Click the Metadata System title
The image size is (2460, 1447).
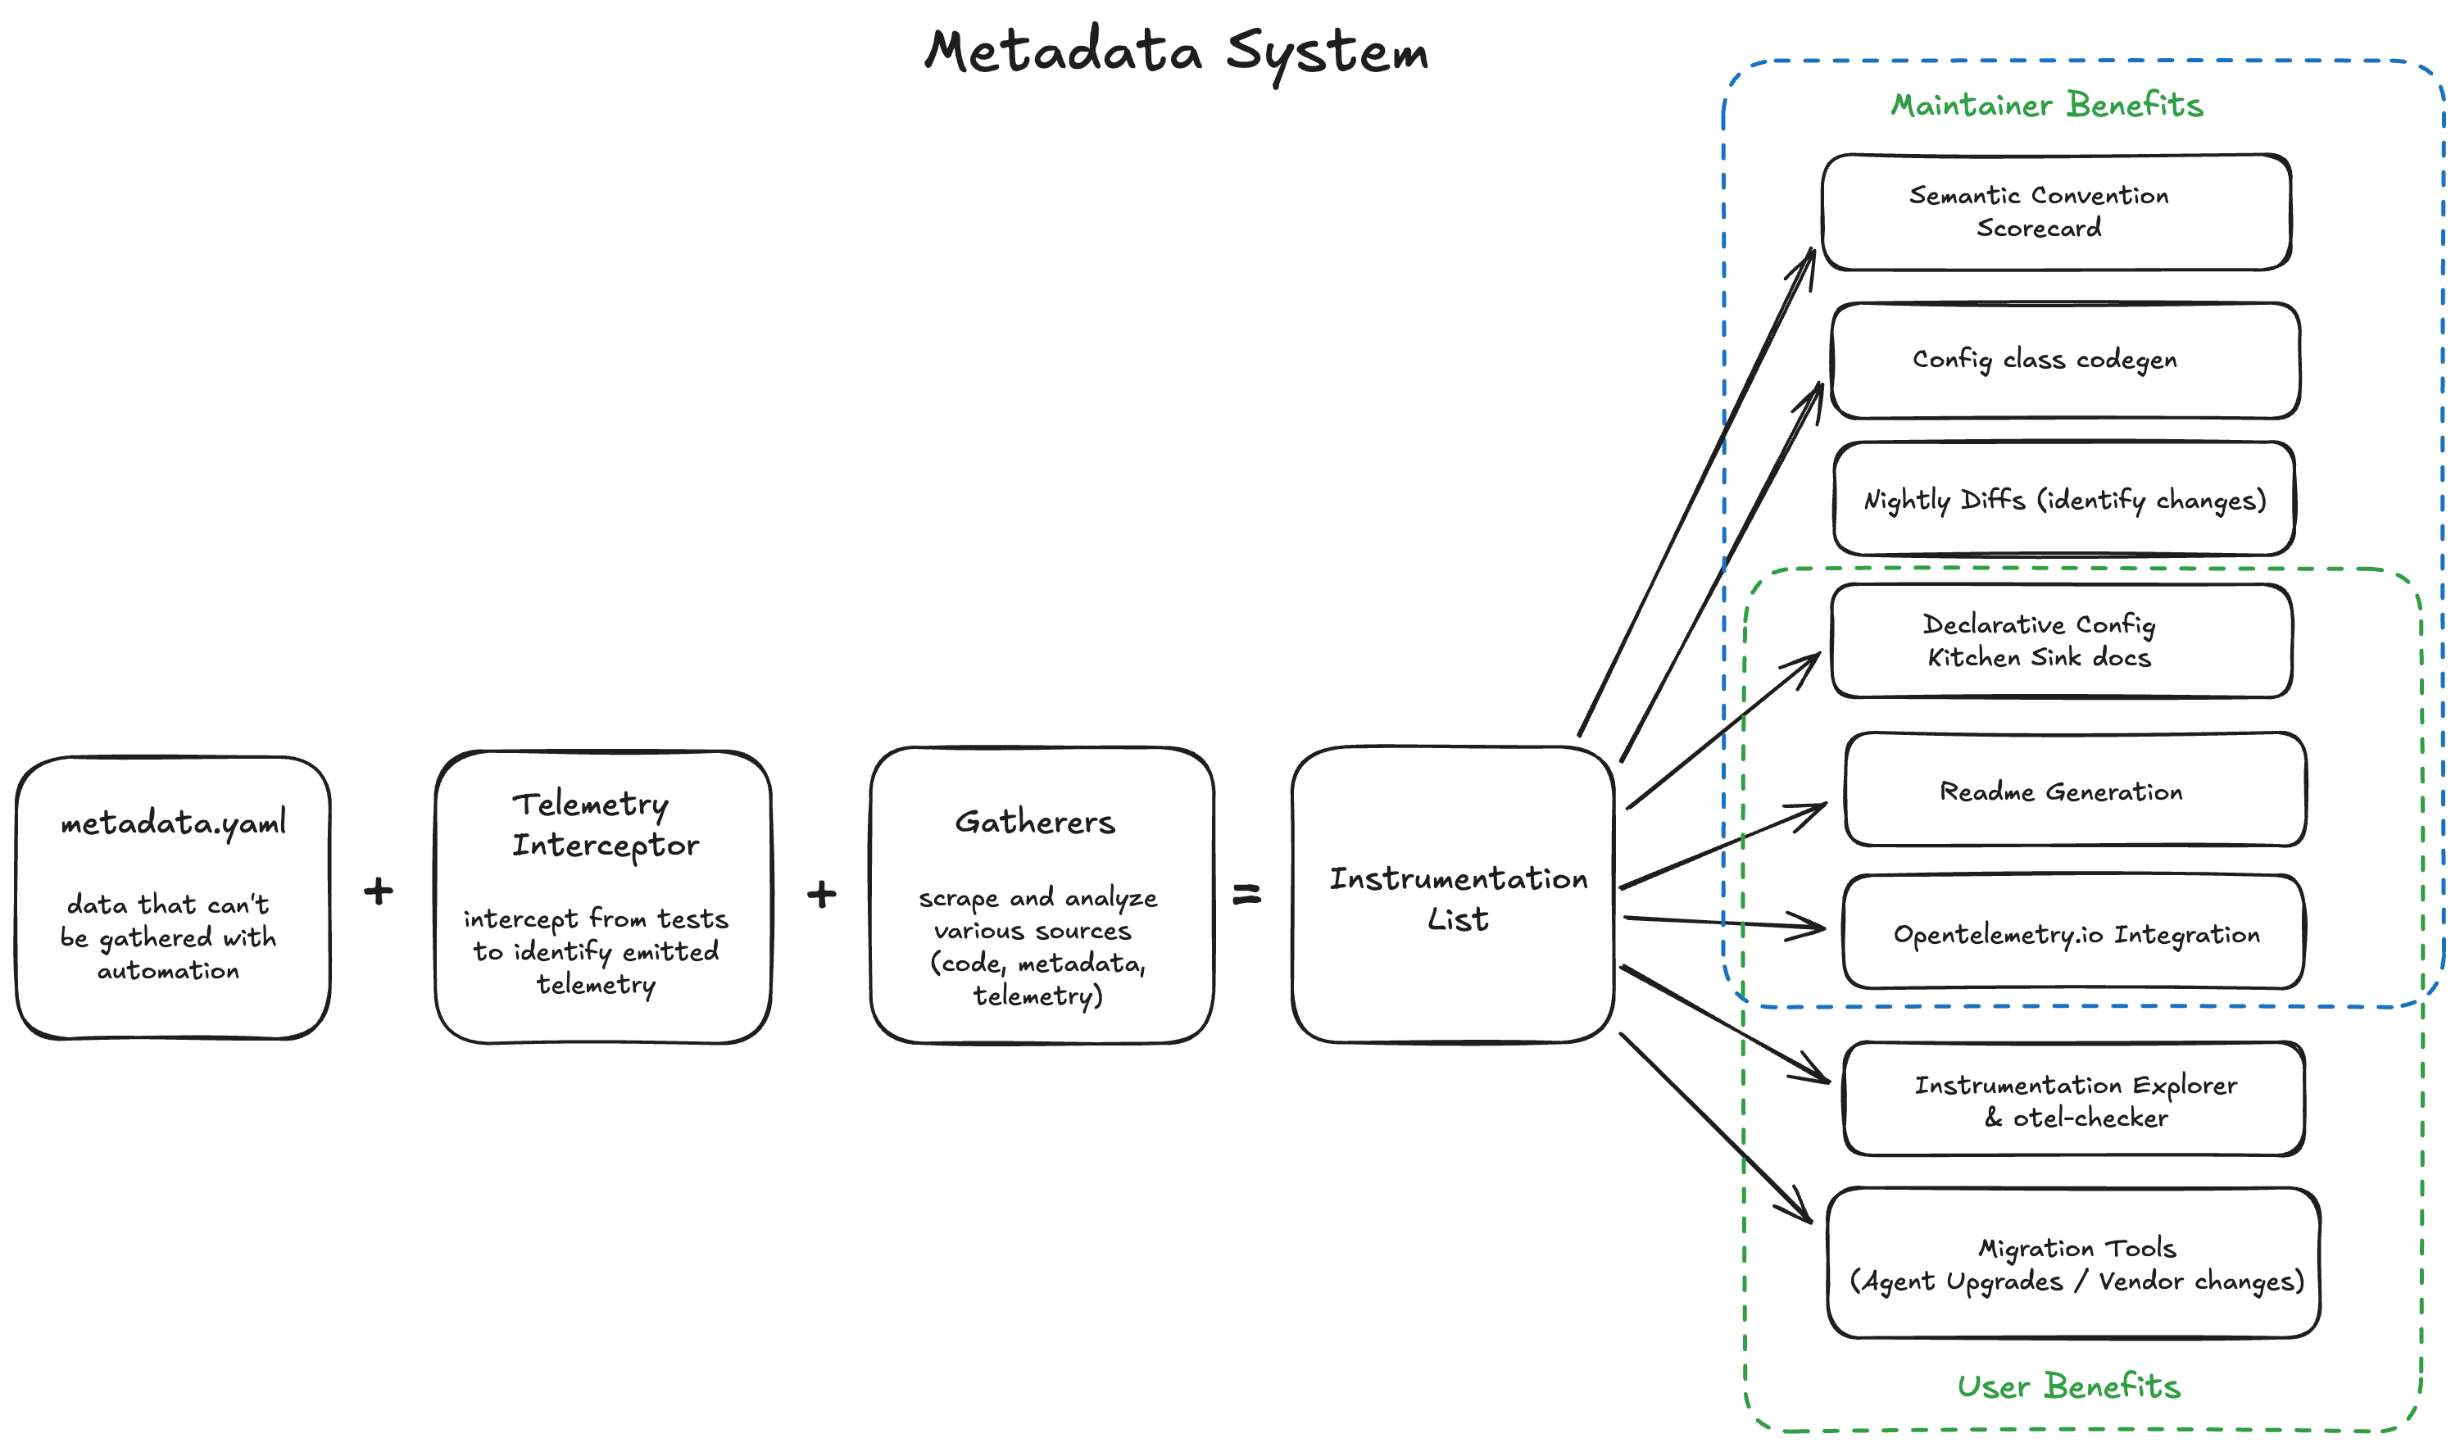coord(1176,52)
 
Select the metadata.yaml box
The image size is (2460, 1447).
coord(173,898)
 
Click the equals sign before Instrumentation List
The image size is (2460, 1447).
coord(1246,893)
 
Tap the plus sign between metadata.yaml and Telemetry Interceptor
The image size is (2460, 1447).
coord(378,891)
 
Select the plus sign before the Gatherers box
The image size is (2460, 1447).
coord(821,893)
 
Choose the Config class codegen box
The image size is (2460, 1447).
coord(2065,361)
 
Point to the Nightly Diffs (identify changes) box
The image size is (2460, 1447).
coord(2063,500)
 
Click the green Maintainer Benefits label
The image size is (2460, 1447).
coord(2046,106)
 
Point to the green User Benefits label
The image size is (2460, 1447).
coord(2067,1386)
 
